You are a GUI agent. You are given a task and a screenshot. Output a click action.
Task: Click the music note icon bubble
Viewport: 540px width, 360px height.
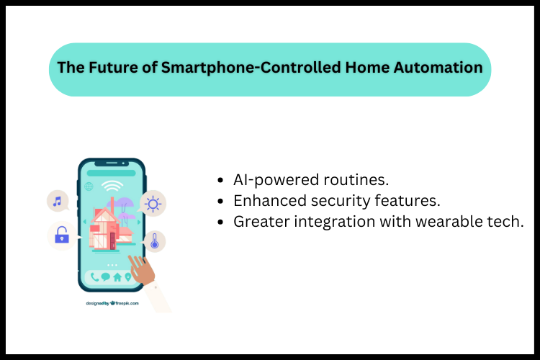pyautogui.click(x=57, y=201)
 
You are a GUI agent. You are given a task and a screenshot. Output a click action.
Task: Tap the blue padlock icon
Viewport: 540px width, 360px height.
pyautogui.click(x=61, y=234)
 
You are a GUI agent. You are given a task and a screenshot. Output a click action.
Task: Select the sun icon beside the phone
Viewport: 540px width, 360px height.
pyautogui.click(x=153, y=204)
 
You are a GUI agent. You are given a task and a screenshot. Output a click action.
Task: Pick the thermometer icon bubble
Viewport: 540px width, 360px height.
pyautogui.click(x=154, y=240)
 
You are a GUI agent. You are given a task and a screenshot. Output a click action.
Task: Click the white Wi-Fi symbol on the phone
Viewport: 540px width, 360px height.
pyautogui.click(x=111, y=186)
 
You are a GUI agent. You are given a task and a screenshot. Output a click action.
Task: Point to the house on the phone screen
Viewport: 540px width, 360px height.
pyautogui.click(x=107, y=229)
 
